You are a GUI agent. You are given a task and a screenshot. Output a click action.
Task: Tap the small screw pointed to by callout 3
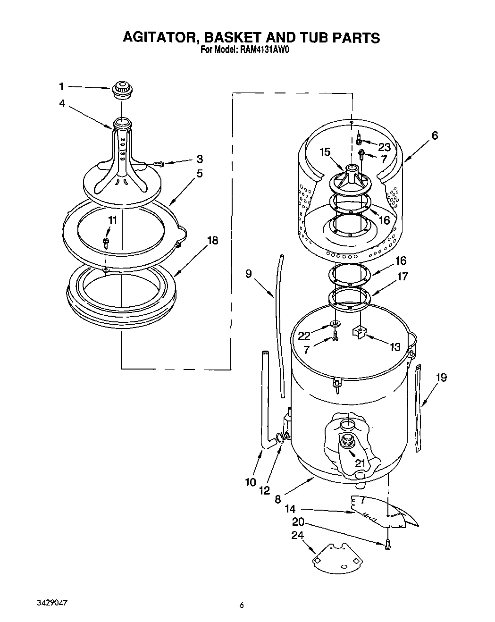pyautogui.click(x=159, y=164)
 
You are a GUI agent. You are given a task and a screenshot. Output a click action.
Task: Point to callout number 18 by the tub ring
pyautogui.click(x=213, y=241)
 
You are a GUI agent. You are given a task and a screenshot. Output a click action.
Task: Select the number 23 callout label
pyautogui.click(x=384, y=147)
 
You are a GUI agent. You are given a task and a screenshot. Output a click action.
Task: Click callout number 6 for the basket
pyautogui.click(x=435, y=135)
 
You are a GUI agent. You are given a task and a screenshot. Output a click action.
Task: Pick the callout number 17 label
pyautogui.click(x=402, y=277)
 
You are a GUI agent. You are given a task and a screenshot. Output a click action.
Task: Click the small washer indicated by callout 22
pyautogui.click(x=335, y=323)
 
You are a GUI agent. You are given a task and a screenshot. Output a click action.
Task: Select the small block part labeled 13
pyautogui.click(x=360, y=333)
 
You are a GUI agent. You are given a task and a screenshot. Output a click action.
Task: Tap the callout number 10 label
pyautogui.click(x=250, y=482)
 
